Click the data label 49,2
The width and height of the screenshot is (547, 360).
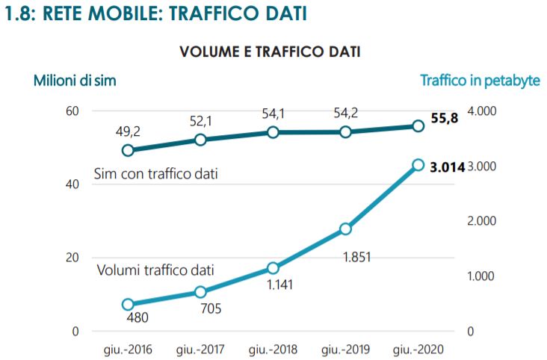tap(127, 131)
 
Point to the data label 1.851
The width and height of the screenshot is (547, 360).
tap(356, 257)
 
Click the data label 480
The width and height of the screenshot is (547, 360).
tap(138, 318)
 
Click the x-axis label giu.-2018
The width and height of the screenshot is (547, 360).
tap(273, 350)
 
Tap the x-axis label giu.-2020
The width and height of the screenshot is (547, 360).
tap(418, 350)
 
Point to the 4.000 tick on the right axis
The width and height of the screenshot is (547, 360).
tap(483, 111)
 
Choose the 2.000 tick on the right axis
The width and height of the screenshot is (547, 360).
tap(483, 221)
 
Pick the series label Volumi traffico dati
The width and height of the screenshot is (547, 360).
tap(155, 270)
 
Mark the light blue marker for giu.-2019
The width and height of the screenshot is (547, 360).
tap(345, 229)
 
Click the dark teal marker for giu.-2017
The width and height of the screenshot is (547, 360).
tap(200, 140)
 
